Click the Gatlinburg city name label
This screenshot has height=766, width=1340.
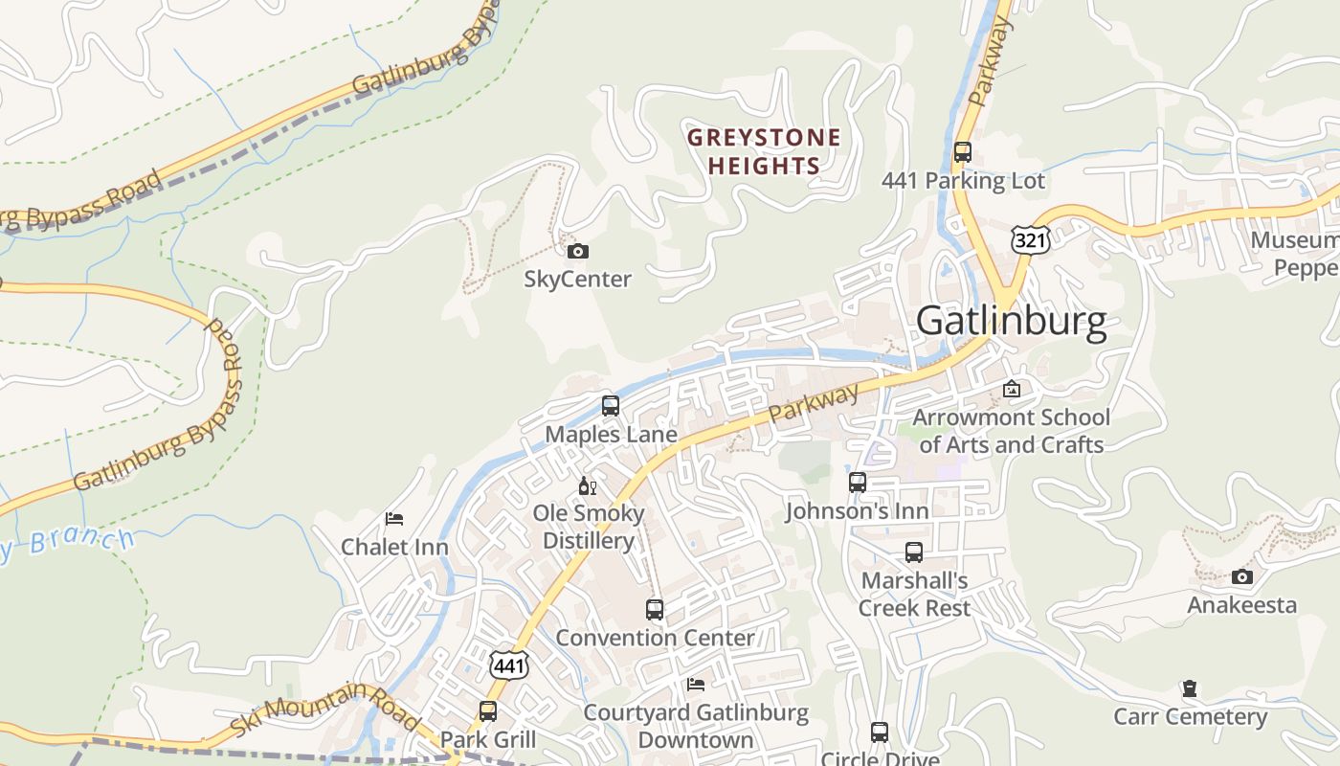point(1011,321)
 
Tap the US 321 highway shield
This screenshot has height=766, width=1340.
point(1030,239)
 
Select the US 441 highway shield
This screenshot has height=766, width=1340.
point(509,665)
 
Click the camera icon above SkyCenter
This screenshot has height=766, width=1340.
point(578,252)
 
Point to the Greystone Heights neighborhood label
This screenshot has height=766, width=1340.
point(764,151)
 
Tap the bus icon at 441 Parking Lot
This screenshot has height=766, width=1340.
point(963,152)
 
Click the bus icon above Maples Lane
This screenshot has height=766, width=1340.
point(611,406)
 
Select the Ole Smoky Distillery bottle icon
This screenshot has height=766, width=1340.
point(588,486)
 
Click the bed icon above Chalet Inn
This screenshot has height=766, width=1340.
point(394,519)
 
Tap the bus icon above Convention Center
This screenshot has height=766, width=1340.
point(655,610)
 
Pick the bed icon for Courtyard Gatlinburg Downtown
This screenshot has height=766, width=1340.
point(696,685)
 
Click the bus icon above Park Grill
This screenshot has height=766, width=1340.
point(488,711)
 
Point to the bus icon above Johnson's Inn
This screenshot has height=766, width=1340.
point(858,483)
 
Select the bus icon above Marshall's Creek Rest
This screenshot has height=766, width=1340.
point(914,552)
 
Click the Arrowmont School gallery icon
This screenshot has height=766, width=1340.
point(1011,389)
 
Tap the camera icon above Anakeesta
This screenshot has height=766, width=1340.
point(1242,576)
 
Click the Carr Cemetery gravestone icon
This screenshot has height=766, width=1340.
point(1190,688)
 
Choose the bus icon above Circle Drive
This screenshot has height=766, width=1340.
point(880,732)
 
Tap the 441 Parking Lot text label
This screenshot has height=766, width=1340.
point(963,181)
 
